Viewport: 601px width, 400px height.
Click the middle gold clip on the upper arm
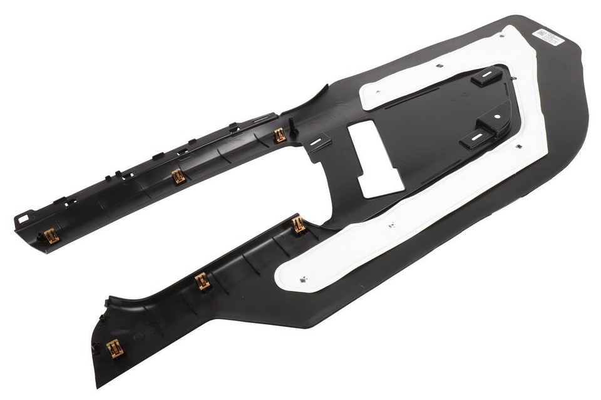[178, 177]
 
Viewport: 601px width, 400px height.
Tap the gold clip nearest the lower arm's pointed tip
[114, 348]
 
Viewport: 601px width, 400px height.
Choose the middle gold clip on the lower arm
[202, 281]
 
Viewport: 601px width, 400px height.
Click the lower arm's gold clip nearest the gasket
[299, 224]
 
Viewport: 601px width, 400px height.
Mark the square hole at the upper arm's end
[23, 220]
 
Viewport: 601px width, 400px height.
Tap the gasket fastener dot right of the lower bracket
[519, 146]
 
